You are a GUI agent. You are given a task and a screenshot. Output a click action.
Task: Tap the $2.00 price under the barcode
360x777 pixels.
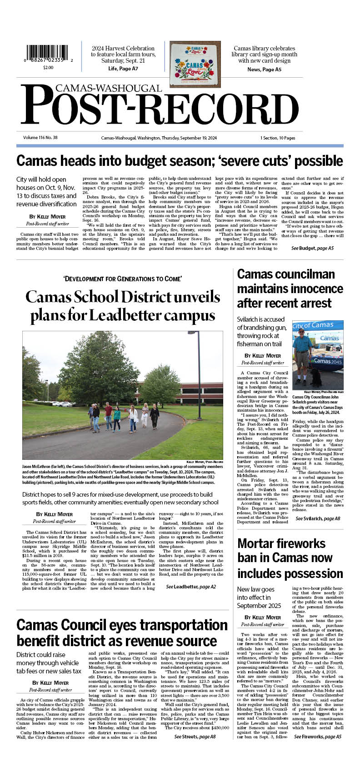48,67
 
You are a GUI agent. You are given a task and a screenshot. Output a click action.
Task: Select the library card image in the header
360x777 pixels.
195,64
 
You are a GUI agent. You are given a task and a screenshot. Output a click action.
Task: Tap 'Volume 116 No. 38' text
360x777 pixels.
40,138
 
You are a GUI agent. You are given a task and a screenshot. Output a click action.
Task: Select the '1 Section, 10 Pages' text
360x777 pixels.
277,138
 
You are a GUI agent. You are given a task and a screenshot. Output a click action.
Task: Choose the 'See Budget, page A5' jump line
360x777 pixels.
312,249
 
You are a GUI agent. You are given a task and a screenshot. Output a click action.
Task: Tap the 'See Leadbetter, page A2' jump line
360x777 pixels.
191,587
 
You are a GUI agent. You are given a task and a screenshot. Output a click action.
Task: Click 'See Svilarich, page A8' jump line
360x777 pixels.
318,518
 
